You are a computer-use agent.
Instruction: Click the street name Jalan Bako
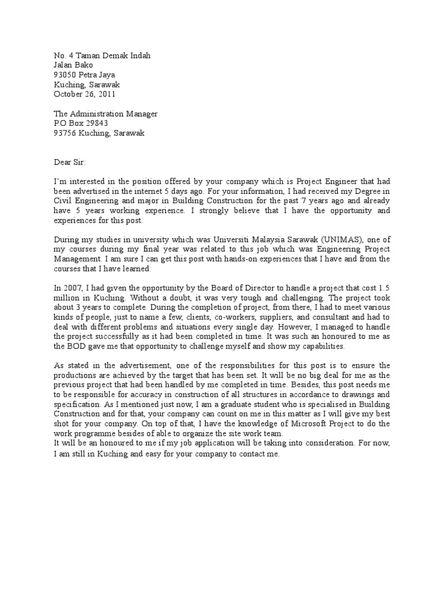(x=73, y=65)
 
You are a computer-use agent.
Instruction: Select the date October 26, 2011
(x=84, y=94)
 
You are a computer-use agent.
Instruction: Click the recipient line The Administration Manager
(x=105, y=114)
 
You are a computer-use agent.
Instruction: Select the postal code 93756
(x=65, y=133)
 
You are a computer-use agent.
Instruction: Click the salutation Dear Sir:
(x=69, y=162)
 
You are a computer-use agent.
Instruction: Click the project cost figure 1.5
(x=383, y=288)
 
